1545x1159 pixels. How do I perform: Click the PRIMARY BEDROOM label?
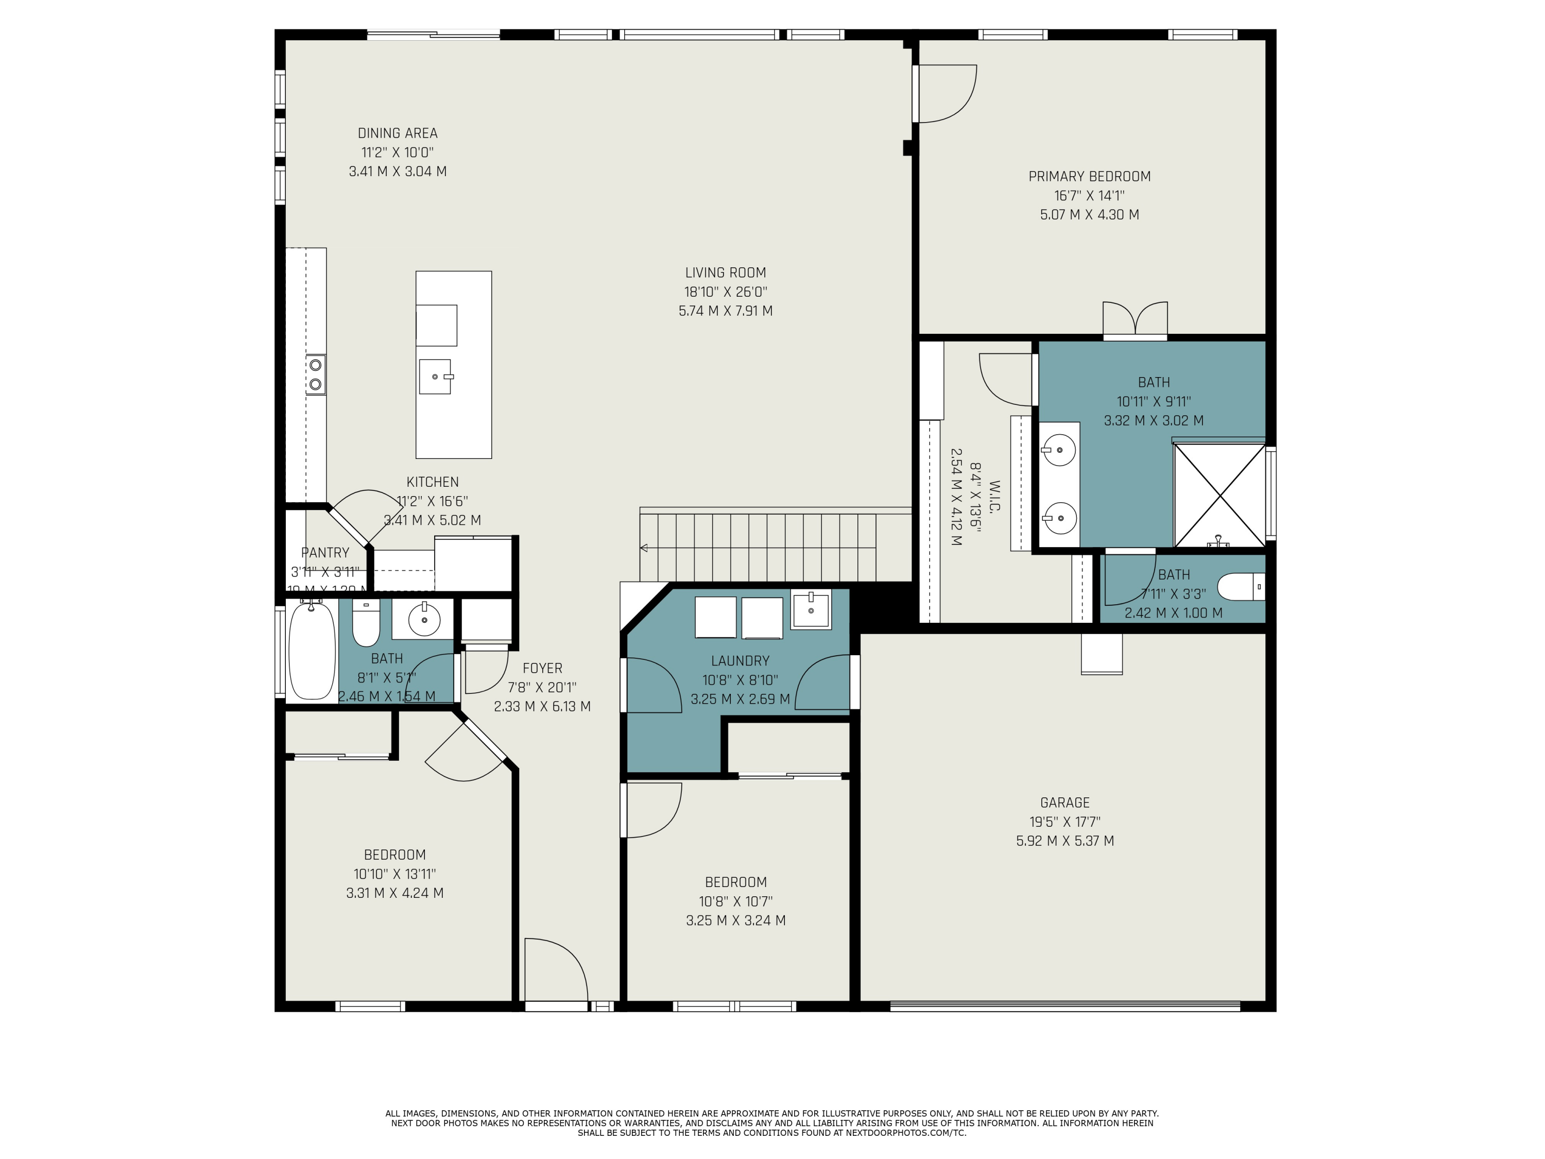pos(1089,177)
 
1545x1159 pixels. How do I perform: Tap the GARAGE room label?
pos(1065,803)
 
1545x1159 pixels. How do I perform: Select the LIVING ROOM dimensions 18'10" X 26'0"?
pos(725,292)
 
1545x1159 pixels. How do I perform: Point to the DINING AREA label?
pos(398,133)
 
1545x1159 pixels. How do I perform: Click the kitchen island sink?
pos(435,377)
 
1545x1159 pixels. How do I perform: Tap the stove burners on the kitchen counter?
pos(316,374)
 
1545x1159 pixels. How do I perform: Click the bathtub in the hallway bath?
pos(312,651)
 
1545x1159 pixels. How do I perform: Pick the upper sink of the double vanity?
pos(1059,450)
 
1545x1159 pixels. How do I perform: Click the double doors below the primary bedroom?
pos(1135,320)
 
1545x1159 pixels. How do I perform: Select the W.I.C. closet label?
pos(994,496)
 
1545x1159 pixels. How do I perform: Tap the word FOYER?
pos(542,669)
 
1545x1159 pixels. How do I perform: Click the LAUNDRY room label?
pos(740,661)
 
